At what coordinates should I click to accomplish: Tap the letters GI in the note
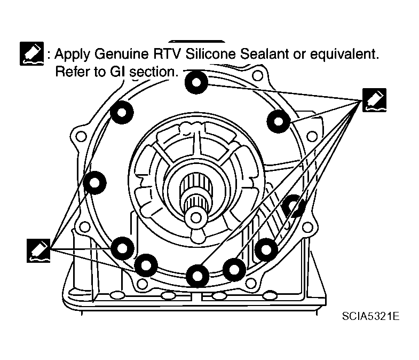pos(117,72)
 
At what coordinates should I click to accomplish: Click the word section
pos(153,72)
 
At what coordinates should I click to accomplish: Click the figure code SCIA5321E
pos(371,316)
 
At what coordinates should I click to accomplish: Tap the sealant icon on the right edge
pos(374,100)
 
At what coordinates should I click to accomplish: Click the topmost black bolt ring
pos(197,82)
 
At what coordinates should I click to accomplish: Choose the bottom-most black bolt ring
pos(197,275)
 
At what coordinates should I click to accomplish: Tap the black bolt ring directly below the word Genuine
pos(122,112)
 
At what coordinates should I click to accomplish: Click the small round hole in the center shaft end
pos(197,217)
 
